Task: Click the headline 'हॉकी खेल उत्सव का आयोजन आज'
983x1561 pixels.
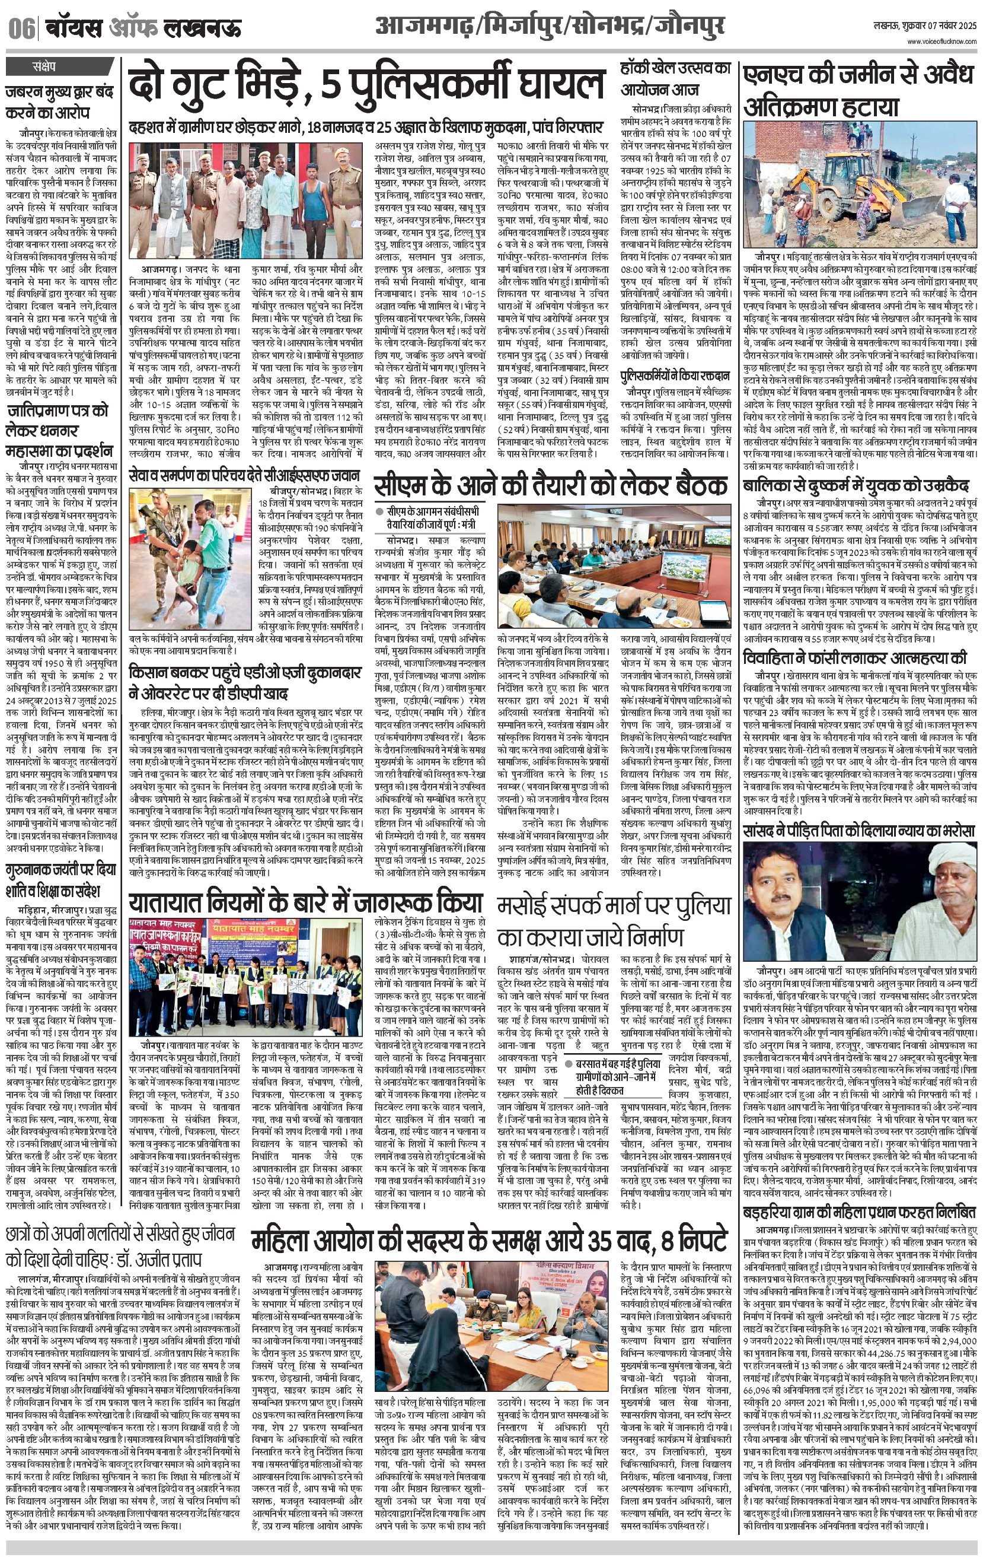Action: point(675,79)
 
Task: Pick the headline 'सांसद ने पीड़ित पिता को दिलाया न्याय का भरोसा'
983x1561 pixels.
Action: point(858,831)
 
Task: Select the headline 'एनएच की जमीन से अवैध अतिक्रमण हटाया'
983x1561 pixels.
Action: point(858,91)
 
